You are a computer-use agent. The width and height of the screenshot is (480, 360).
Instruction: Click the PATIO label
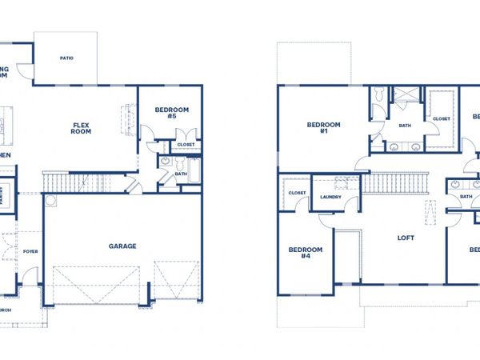[x=67, y=58]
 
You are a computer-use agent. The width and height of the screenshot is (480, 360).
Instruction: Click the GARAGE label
[x=122, y=246]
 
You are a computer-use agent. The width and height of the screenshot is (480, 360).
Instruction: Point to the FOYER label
[x=30, y=251]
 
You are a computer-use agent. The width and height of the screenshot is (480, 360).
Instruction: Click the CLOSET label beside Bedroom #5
[x=185, y=145]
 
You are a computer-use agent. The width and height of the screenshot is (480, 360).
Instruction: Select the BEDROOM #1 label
[x=324, y=128]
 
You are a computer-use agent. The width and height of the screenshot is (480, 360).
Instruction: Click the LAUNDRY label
[x=331, y=196]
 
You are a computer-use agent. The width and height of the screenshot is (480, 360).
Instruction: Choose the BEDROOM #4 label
[x=305, y=254]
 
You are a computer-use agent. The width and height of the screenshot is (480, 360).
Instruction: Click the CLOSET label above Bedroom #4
[x=296, y=193]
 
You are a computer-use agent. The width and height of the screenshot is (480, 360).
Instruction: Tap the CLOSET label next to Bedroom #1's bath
[x=442, y=118]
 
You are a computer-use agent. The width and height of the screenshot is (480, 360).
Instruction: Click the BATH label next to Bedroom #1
[x=405, y=125]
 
